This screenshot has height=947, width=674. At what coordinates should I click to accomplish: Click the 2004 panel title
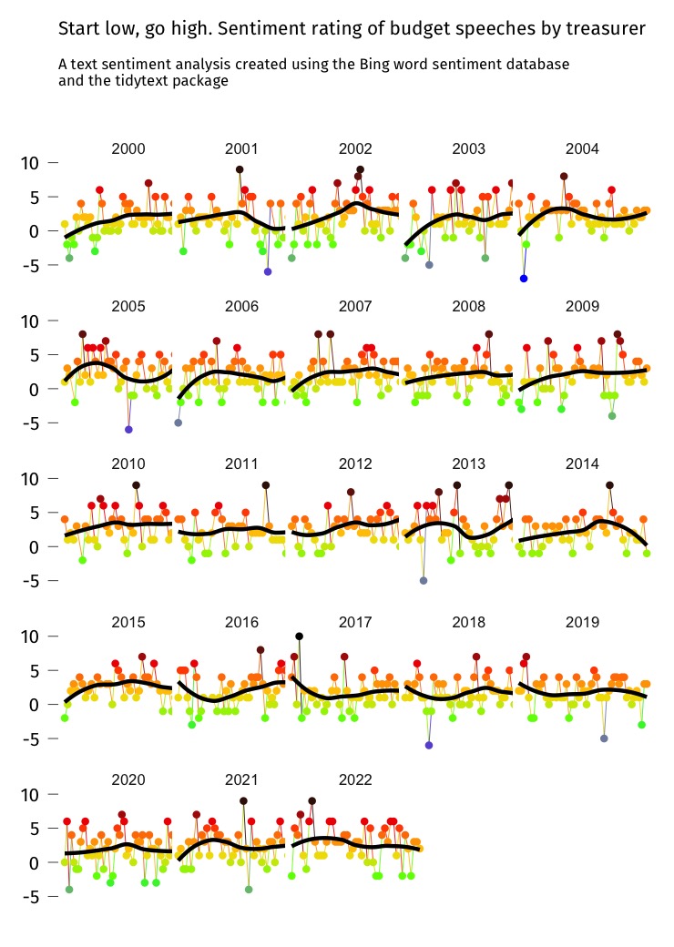583,148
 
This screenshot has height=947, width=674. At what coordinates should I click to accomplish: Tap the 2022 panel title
355,780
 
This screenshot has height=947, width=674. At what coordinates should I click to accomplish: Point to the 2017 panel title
355,622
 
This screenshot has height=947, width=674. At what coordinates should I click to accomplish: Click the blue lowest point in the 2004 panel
524,278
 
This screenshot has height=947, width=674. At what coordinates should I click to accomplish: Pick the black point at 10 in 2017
299,636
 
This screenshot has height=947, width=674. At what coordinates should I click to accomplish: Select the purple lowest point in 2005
128,429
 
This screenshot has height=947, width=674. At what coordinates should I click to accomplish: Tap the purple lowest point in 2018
429,745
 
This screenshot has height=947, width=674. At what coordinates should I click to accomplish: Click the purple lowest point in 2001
268,271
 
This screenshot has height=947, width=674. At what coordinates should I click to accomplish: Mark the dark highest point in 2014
609,485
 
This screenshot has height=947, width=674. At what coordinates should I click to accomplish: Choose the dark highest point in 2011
265,485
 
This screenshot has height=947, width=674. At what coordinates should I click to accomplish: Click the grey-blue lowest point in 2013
424,580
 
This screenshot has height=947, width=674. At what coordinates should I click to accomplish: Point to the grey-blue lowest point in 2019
604,738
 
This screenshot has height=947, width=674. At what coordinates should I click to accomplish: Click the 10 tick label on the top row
32,163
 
